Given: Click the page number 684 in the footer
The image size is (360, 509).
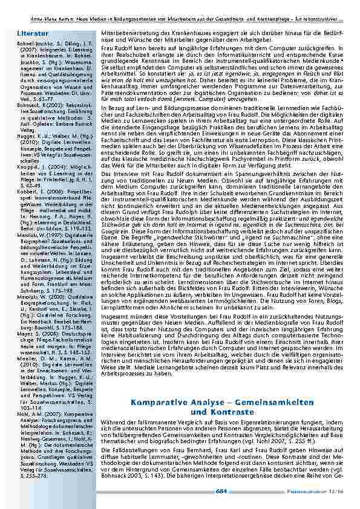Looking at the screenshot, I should pyautogui.click(x=221, y=491).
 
